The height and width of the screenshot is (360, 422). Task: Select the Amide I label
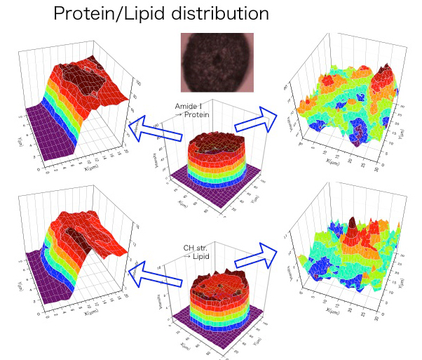tap(189, 107)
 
